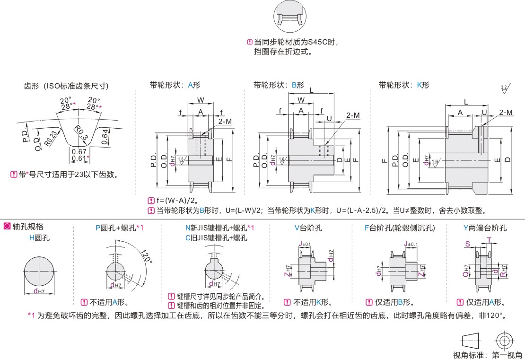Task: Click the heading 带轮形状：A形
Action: pos(175,86)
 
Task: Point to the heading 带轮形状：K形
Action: pos(404,86)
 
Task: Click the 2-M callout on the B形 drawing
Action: pos(353,115)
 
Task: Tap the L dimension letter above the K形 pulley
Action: pos(466,102)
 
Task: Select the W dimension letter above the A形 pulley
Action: pos(201,100)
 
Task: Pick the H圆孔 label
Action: pos(39,238)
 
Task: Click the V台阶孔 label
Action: pos(308,228)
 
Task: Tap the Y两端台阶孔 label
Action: pos(485,228)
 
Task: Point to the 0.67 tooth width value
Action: pos(79,151)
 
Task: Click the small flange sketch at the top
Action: pos(289,14)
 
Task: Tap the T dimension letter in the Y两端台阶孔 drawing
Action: pos(489,239)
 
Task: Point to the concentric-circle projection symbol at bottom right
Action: pos(504,340)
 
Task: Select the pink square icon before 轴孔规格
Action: pos(7,227)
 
